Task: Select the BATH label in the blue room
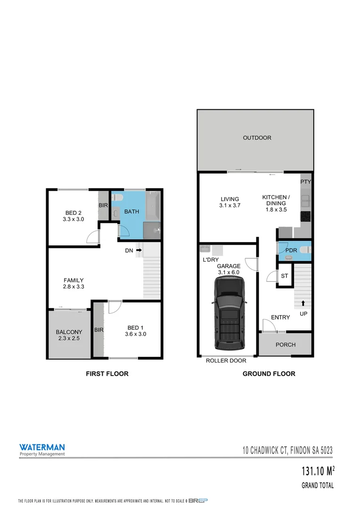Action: tap(131, 212)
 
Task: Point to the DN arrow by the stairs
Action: tap(139, 251)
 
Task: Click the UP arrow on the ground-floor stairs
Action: tap(303, 304)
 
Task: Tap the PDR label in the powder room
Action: tap(291, 250)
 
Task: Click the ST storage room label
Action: tap(284, 276)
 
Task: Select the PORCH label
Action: tap(286, 345)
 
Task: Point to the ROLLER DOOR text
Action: tap(226, 361)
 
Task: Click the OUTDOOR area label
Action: tap(257, 138)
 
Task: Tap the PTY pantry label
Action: tap(306, 181)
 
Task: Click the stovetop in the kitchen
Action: tap(306, 216)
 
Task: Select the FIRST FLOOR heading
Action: tap(107, 374)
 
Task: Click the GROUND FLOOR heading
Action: tap(269, 374)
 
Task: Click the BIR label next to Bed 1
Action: tap(98, 330)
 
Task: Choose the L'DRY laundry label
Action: tap(210, 260)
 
